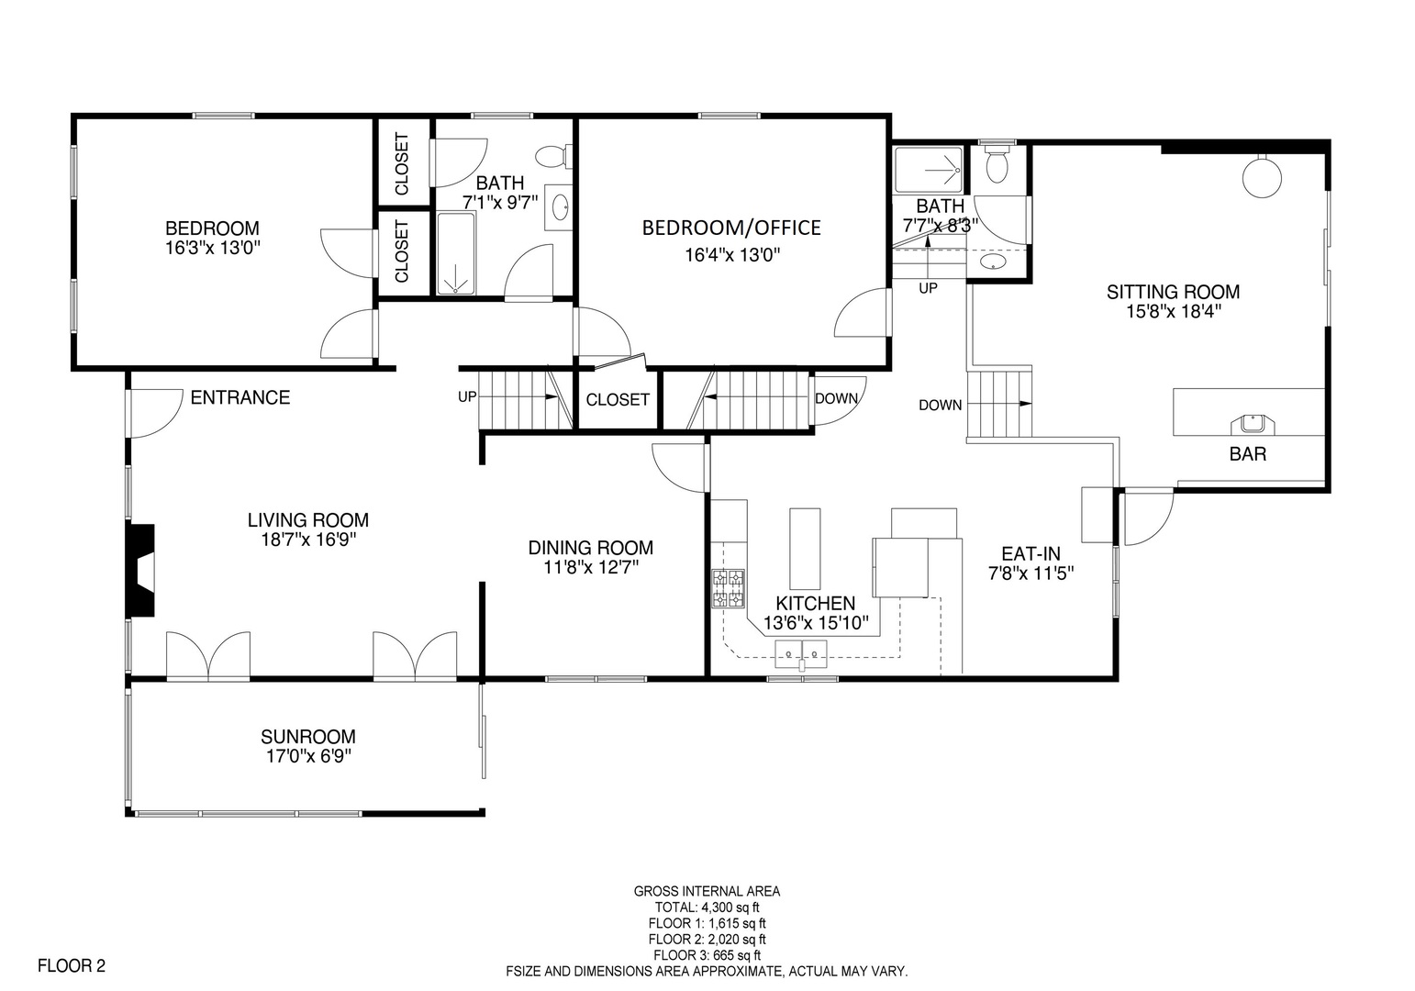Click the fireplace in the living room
click(141, 571)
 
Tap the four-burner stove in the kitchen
click(728, 588)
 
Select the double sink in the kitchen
click(801, 654)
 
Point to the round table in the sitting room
click(1262, 177)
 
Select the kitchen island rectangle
click(805, 548)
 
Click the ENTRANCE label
click(240, 397)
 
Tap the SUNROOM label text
click(308, 737)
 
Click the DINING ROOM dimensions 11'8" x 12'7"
click(591, 568)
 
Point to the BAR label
click(1248, 454)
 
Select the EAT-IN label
click(1031, 554)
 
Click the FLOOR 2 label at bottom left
click(72, 965)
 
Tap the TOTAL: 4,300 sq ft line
click(707, 907)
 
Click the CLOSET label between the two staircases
click(618, 400)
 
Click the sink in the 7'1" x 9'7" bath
click(559, 206)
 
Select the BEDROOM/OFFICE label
click(731, 228)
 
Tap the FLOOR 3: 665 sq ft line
click(707, 955)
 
